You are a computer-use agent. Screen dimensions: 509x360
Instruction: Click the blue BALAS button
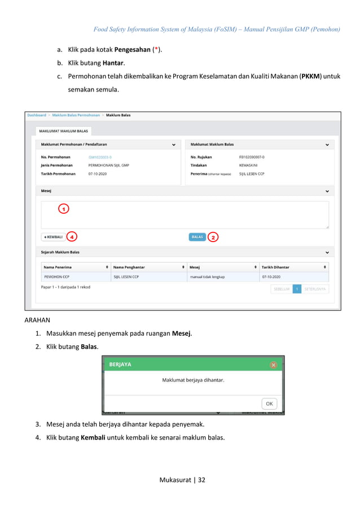click(x=197, y=237)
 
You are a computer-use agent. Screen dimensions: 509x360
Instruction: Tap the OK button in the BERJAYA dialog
click(x=269, y=403)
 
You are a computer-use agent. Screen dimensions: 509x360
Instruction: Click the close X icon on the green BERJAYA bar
click(x=274, y=365)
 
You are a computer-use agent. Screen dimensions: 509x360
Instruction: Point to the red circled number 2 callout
click(x=213, y=237)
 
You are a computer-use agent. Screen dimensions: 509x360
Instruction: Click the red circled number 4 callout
click(x=72, y=236)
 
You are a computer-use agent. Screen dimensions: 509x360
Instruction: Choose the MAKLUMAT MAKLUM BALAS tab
click(x=63, y=131)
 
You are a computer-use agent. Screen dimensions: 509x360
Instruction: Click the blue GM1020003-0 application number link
click(x=100, y=157)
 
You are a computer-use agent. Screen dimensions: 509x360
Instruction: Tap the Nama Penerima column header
click(x=58, y=266)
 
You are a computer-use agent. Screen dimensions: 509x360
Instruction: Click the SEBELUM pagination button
click(x=282, y=289)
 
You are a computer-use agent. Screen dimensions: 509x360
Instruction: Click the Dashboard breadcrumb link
click(x=37, y=115)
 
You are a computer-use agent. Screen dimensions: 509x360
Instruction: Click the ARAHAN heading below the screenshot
click(x=37, y=321)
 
